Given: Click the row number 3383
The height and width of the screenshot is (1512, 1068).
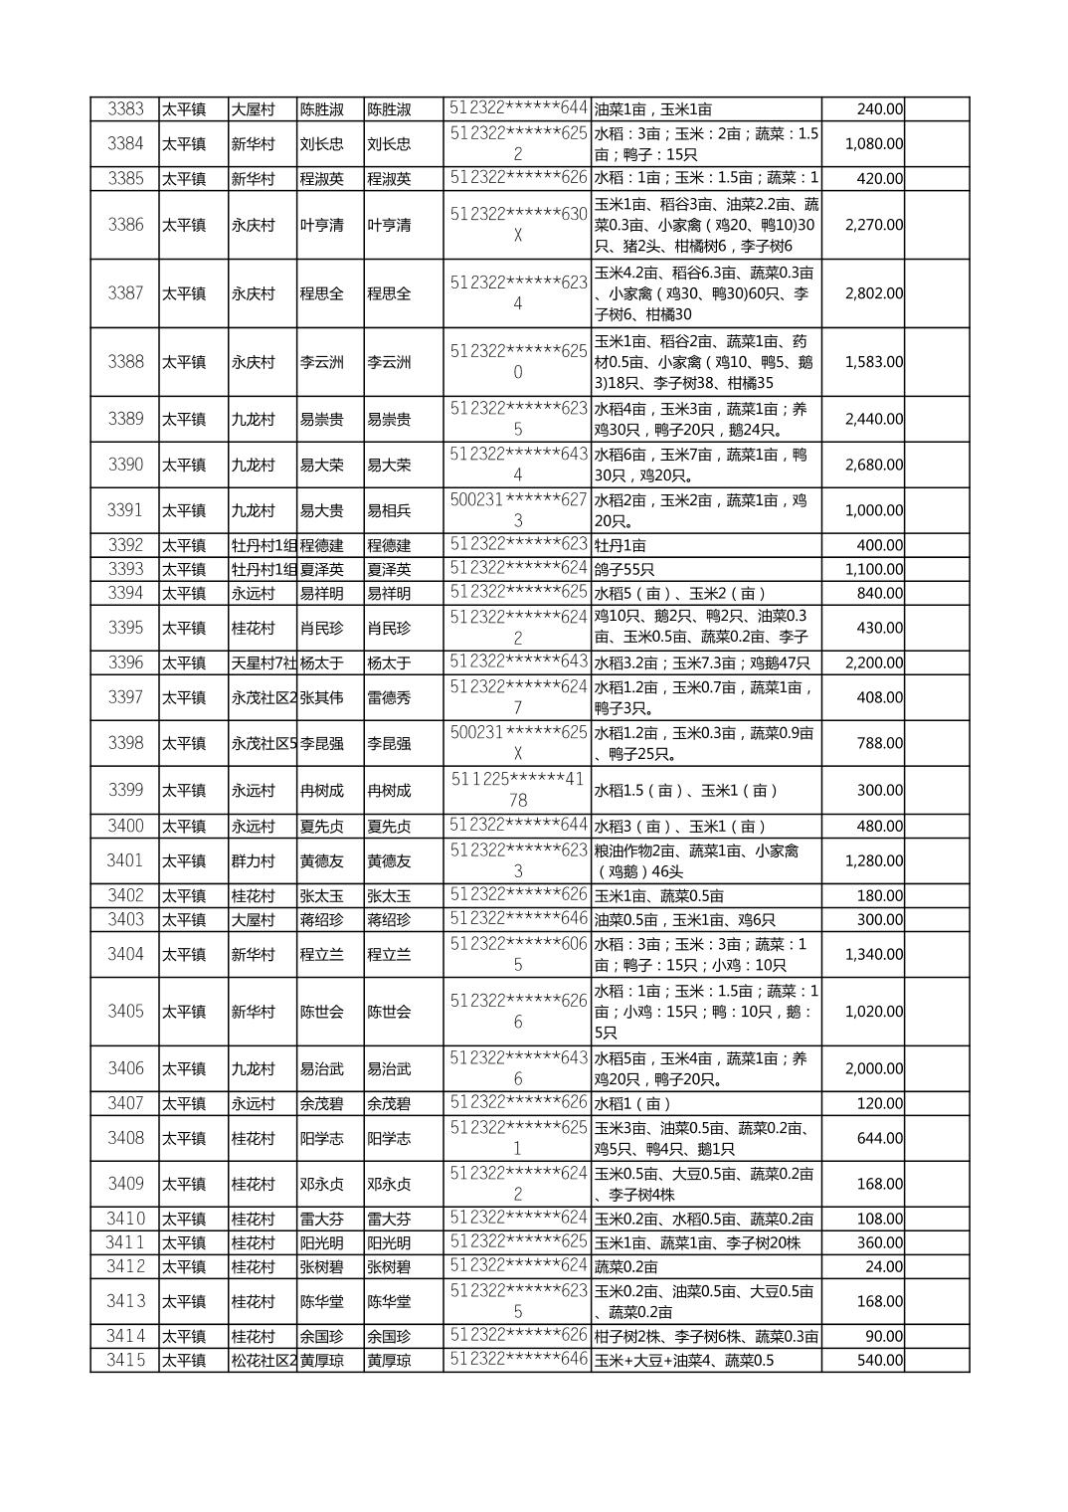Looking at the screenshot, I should [125, 109].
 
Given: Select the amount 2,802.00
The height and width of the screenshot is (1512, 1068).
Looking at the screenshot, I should [874, 293].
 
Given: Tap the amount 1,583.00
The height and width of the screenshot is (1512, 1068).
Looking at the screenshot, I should [874, 362].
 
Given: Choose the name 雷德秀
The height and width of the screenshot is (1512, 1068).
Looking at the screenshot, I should [389, 698].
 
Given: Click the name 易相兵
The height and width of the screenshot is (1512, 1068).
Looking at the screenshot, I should [389, 511].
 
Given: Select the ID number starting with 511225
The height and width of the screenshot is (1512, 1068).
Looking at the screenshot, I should [517, 790].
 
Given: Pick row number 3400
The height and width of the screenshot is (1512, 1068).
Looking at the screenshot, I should [125, 827].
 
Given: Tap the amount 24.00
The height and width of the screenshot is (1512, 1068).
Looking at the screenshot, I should [884, 1267].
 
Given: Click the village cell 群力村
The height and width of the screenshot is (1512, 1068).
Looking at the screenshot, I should [253, 861].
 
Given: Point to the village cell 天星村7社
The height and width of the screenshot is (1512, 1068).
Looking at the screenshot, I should [264, 663].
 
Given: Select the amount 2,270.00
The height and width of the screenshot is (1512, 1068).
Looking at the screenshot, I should [874, 225].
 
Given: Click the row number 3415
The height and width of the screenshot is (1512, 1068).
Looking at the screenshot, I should [125, 1361].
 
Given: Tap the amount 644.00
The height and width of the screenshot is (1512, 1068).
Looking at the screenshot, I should [879, 1138].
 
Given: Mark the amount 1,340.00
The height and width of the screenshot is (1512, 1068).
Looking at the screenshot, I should [874, 955].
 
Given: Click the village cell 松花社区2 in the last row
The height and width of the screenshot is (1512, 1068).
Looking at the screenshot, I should [264, 1361].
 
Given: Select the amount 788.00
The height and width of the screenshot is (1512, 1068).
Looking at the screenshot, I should [879, 744].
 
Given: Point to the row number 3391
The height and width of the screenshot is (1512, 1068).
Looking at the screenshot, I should [125, 511].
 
